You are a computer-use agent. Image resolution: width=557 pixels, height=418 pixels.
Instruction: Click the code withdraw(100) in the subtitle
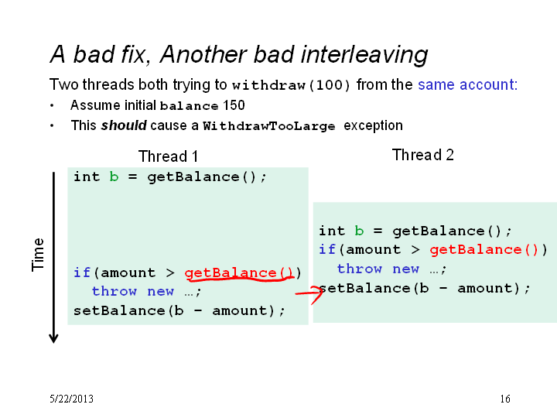coord(291,85)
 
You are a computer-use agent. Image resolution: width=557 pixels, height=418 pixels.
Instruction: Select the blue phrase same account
coord(467,84)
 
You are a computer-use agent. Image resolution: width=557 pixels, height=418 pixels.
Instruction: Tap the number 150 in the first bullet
coord(234,105)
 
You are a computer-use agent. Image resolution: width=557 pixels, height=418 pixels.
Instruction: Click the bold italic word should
coord(124,125)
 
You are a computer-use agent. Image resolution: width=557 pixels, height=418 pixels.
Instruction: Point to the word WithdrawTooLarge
coord(269,126)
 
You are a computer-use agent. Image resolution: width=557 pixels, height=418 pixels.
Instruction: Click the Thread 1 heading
coord(168,156)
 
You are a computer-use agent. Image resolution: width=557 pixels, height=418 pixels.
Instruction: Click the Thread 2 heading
coord(422,155)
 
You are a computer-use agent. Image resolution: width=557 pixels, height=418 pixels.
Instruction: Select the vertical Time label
coord(38,255)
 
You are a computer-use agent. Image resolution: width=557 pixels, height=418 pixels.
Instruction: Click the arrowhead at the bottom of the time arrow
coord(53,339)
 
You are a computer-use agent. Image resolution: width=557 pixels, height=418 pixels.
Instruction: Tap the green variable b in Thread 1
coord(114,176)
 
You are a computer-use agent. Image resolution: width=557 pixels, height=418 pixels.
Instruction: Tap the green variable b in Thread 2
coord(359,231)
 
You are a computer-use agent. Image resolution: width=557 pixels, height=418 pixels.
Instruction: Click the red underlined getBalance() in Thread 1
coord(239,272)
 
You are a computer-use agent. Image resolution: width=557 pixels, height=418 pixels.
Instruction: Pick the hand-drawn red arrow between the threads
coord(309,295)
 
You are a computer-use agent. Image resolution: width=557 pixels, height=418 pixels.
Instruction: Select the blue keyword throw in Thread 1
coord(114,292)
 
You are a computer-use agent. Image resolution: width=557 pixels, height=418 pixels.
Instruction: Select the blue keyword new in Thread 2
coord(405,269)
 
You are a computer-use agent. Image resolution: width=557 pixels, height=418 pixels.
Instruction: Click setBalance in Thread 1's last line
coord(119,310)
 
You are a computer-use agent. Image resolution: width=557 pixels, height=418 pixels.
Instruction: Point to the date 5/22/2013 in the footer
coord(71,399)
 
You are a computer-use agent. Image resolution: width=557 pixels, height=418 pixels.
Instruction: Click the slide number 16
coord(505,399)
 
